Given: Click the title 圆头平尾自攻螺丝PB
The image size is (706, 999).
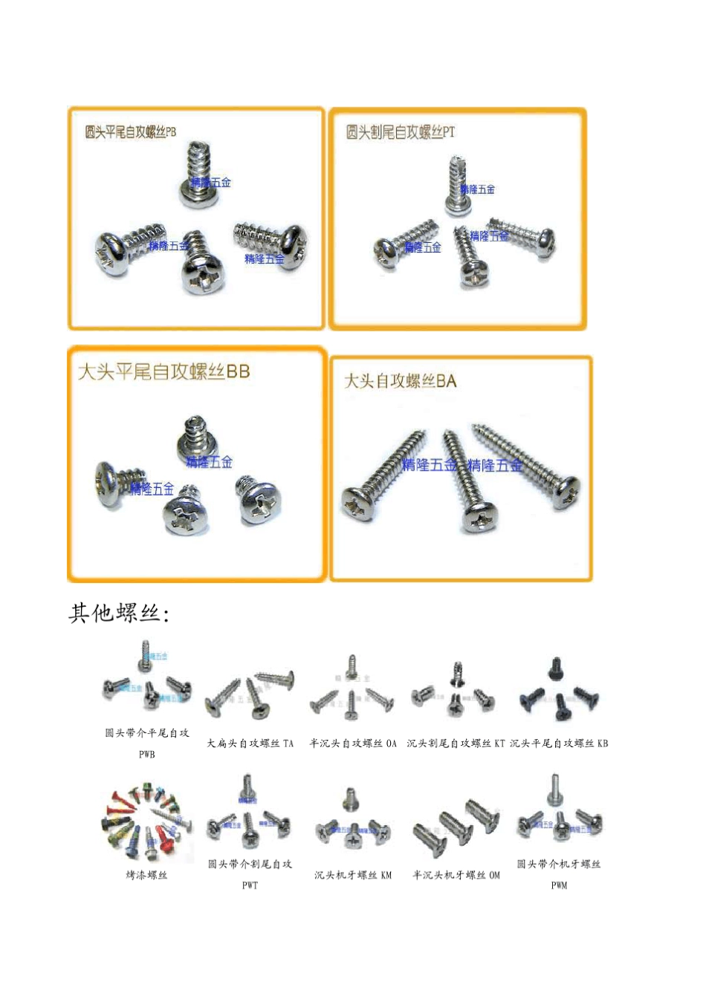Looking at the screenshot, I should tap(131, 132).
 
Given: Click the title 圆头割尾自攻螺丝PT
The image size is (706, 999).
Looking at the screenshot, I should tap(400, 132).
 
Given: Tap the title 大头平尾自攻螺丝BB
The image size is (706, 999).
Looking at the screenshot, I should tap(163, 371).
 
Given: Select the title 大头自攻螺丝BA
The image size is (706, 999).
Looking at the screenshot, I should tap(400, 382).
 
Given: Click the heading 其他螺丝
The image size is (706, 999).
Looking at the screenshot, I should tap(119, 614).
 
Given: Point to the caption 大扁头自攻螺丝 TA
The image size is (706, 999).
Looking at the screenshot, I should tap(250, 743).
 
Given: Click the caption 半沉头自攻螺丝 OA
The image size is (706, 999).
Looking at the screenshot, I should tap(353, 743).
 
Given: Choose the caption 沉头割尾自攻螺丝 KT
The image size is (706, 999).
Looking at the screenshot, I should tap(456, 743).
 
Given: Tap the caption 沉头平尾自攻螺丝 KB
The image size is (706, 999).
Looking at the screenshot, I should tap(559, 743).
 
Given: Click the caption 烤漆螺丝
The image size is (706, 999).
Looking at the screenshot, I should tap(146, 875).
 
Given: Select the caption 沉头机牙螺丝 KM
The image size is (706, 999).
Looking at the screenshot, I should tap(353, 875).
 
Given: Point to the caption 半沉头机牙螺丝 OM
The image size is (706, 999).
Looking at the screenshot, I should tap(456, 875).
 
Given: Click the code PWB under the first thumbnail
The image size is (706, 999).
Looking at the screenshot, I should tap(146, 755).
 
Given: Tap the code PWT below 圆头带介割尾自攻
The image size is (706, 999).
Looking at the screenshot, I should tap(250, 885).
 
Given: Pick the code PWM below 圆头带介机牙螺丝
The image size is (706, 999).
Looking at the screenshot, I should tap(559, 885).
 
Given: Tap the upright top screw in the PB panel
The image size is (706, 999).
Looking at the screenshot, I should tap(198, 175).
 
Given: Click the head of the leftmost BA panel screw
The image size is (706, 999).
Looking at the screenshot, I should tap(357, 504).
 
